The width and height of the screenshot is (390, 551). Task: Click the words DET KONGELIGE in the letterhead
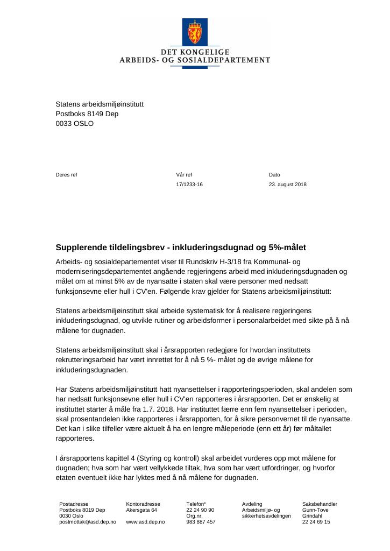pos(195,52)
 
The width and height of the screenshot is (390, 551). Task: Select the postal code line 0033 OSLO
pos(74,123)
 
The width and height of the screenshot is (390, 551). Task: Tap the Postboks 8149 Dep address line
pos(87,114)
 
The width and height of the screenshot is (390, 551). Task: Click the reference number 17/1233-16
pos(189,184)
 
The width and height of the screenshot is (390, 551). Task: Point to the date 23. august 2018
pos(288,184)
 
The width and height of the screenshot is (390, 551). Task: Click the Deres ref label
pos(67,174)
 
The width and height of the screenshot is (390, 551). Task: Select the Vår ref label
pos(184,174)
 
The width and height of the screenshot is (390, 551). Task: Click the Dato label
pos(274,174)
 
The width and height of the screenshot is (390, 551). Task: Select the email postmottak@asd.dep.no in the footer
pos(88,522)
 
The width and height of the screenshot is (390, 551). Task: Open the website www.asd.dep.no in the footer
pos(145,522)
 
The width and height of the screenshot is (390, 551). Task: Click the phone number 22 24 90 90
pos(200,510)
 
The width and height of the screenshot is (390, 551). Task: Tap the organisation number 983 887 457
pos(201,522)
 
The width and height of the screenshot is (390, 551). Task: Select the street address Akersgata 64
pos(141,510)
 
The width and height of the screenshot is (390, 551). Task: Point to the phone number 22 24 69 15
pos(316,522)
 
